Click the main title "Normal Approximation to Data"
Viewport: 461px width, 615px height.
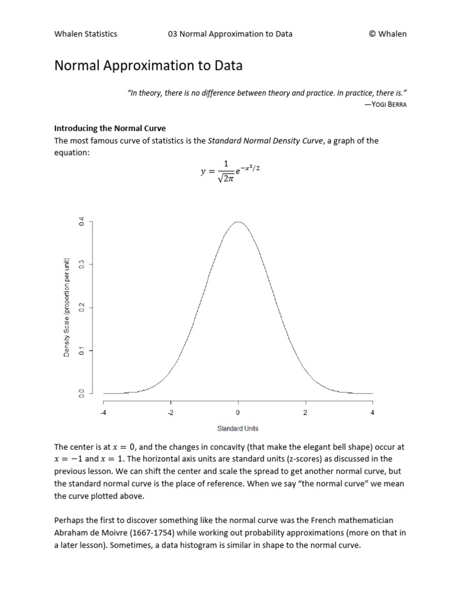pos(148,65)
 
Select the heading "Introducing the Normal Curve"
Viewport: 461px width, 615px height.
pos(110,129)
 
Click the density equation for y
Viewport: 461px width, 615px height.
pos(230,173)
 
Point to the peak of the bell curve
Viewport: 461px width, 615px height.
pos(238,222)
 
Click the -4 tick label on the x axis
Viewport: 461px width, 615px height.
pos(103,413)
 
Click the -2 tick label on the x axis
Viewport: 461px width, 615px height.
pos(170,413)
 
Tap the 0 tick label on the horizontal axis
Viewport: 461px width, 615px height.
pos(238,413)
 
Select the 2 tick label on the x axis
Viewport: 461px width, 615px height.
pos(305,413)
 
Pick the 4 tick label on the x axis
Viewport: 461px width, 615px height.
pos(373,413)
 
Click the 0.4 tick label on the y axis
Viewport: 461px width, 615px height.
pos(82,222)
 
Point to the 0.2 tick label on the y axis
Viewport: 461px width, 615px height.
pos(82,307)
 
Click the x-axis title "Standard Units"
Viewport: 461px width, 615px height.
pos(238,428)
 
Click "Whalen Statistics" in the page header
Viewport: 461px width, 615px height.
pos(86,34)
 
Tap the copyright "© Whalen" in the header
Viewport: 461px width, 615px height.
pos(387,34)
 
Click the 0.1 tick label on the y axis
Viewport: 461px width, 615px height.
pos(82,350)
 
